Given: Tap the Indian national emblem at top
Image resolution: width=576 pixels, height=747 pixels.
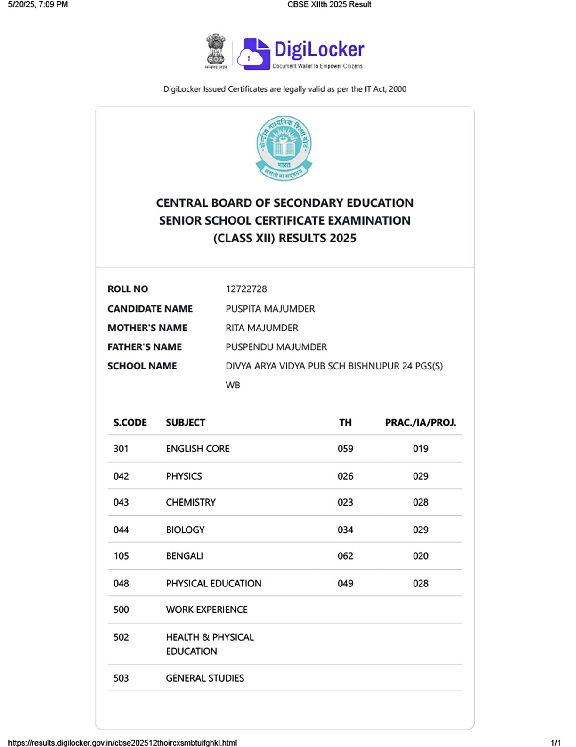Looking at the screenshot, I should [216, 50].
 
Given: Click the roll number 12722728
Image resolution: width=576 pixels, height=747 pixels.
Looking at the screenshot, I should [246, 289].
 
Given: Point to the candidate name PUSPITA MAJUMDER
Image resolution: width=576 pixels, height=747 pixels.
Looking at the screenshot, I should [270, 309].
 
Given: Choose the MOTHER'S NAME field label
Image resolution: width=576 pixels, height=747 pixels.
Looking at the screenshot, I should [147, 328].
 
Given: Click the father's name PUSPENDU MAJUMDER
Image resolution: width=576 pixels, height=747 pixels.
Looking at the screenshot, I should [276, 347].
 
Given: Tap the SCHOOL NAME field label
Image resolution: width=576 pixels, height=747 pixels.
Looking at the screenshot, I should [142, 366].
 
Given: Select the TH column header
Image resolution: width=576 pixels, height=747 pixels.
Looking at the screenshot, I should [345, 423].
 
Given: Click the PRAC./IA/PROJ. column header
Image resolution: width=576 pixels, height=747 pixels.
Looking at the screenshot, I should [420, 423].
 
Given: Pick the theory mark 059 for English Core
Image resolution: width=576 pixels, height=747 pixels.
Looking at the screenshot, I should [345, 449].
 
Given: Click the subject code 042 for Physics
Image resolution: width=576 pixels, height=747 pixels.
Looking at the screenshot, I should [121, 476].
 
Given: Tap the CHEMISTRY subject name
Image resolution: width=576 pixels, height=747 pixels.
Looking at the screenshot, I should [191, 502].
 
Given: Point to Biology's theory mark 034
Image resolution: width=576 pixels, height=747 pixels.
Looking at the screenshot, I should [345, 530].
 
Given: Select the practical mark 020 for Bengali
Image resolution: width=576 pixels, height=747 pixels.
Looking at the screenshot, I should [420, 556].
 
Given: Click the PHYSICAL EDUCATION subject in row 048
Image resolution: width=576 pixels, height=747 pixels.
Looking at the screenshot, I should [213, 584].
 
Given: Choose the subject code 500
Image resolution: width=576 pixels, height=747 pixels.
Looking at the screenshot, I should [121, 610].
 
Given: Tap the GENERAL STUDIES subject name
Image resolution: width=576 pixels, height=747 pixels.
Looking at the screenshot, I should [205, 678].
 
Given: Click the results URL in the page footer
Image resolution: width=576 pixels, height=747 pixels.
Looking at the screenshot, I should [122, 743].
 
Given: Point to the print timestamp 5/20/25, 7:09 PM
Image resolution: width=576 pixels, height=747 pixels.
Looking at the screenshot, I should [38, 5].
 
